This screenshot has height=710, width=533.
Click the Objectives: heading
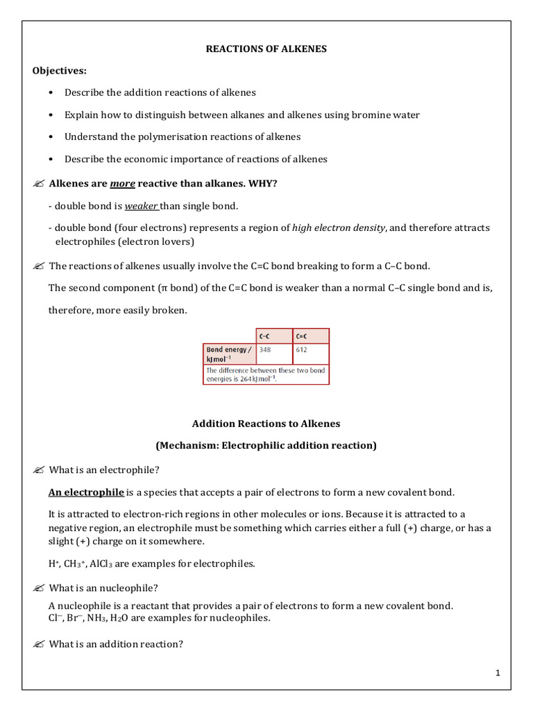pos(60,71)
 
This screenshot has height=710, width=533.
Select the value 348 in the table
pos(265,350)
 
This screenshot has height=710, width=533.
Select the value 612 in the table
pos(302,350)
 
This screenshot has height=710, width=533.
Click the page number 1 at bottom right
pos(498,673)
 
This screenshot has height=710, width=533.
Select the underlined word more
pos(122,183)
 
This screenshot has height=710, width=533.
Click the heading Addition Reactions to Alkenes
pos(266,423)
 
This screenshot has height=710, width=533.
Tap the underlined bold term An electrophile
pos(85,492)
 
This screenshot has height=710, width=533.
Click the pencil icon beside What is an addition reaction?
pos(38,644)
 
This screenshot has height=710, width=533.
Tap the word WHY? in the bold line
pos(260,183)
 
